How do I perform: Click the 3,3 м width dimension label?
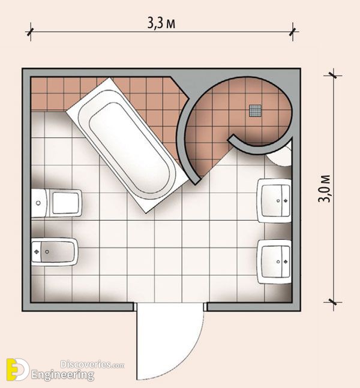[161, 23]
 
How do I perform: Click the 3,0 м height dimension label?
[324, 188]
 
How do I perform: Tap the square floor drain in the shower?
[255, 110]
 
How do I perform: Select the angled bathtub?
[127, 145]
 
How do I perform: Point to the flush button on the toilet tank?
[38, 203]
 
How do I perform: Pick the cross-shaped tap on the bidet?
[37, 252]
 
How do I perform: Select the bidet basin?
[55, 252]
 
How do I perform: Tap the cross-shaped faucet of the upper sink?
[286, 200]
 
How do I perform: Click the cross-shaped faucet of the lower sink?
[286, 261]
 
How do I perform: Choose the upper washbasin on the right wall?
[274, 200]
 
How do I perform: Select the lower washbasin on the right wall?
[274, 261]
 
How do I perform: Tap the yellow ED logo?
[17, 369]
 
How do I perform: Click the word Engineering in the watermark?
[62, 375]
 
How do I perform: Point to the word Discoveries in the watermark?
[86, 364]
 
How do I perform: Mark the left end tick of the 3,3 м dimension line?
[31, 32]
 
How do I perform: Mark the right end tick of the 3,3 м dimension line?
[293, 32]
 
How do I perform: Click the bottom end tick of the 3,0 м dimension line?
[333, 302]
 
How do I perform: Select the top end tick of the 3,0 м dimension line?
[333, 75]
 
